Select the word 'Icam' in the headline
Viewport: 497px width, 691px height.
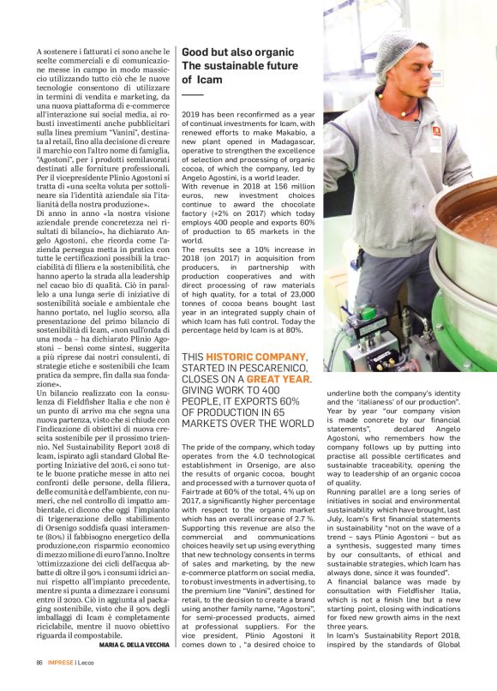(x=210, y=80)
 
